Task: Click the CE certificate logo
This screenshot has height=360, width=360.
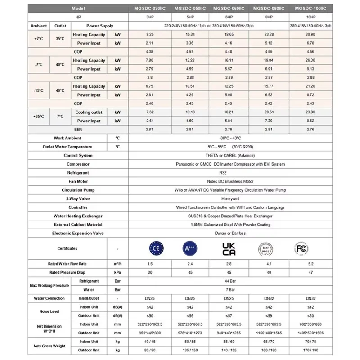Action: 156,248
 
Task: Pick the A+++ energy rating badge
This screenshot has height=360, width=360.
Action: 191,248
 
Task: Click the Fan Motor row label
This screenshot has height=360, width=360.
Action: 78,181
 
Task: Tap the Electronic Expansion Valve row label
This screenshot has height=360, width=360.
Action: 78,233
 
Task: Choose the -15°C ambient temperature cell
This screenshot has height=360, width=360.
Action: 39,90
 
